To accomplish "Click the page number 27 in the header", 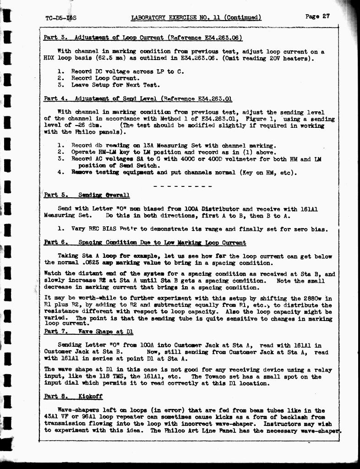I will click(326, 16).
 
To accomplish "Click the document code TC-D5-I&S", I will click(61, 18).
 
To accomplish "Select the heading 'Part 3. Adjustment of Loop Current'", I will click(142, 38).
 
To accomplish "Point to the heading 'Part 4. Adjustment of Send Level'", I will click(138, 98).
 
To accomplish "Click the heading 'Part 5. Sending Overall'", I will click(87, 195).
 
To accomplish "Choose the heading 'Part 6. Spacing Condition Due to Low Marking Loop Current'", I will click(145, 242).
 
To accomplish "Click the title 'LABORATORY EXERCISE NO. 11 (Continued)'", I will click(196, 17).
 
